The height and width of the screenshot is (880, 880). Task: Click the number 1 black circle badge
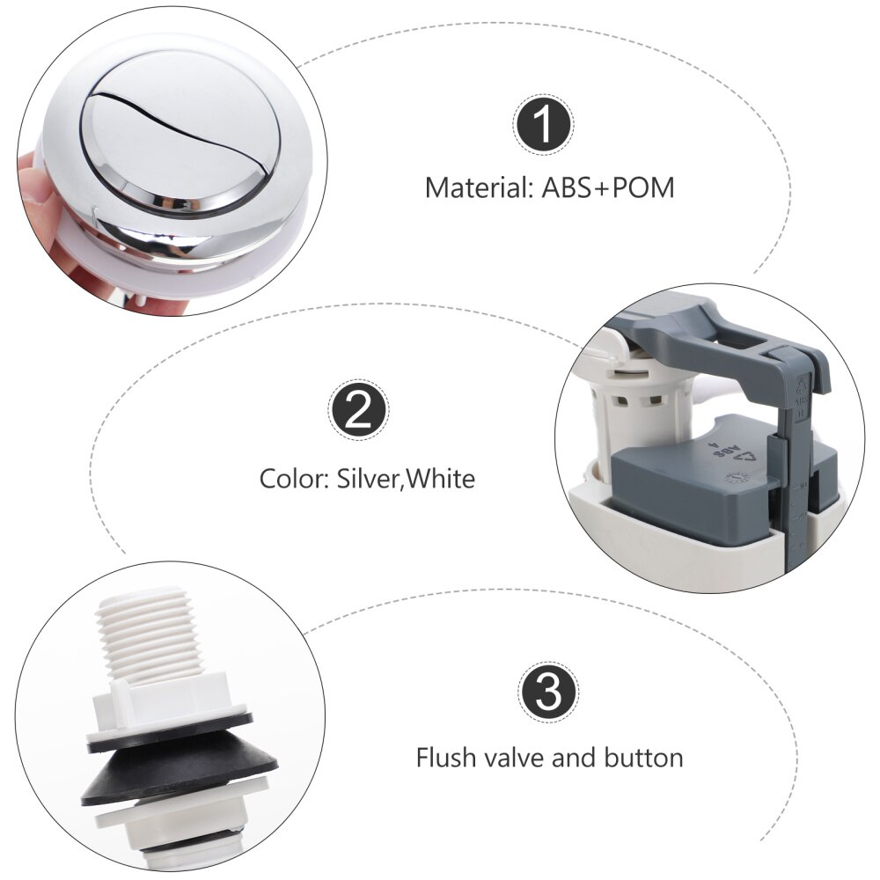pos(543,126)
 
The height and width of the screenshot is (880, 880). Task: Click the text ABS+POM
pos(607,188)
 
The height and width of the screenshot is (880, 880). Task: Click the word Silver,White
pos(406,480)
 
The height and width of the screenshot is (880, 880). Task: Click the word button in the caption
pos(643,757)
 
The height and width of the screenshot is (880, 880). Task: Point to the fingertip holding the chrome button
pos(35,176)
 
